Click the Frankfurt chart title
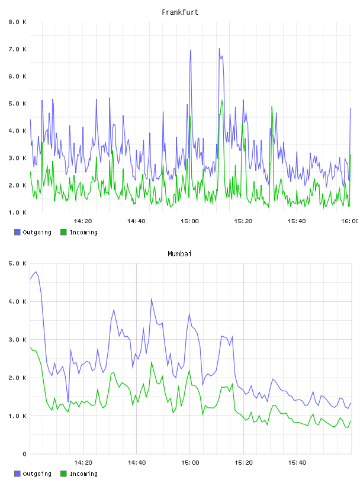180,12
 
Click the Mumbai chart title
179,254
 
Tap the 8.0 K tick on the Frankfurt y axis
17,22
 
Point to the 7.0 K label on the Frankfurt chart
17,49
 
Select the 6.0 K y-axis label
17,76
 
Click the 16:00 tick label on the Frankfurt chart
349,221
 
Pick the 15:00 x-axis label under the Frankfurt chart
189,221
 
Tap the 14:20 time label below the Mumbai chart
83,463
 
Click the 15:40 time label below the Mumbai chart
297,463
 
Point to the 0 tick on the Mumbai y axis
24,454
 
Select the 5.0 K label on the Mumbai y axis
17,263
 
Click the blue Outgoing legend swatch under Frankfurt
17,232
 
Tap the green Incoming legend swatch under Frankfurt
63,232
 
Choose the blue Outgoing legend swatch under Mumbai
17,474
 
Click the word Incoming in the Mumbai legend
83,474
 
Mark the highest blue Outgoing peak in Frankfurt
219,49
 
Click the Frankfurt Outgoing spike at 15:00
191,50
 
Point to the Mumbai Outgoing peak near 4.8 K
36,272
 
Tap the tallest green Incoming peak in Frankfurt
221,101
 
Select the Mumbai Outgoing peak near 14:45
152,299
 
